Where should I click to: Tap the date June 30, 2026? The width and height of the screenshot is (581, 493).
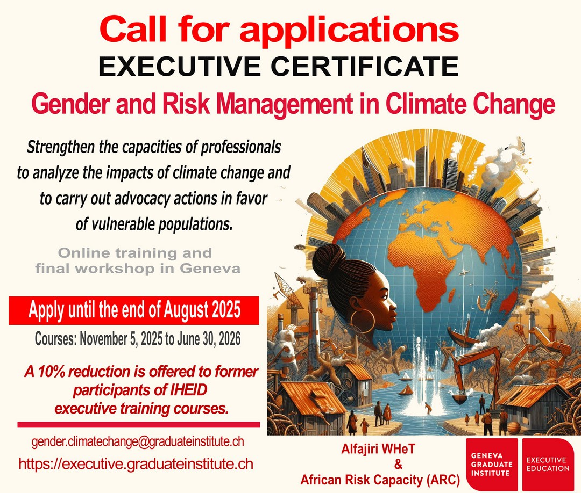pos(209,339)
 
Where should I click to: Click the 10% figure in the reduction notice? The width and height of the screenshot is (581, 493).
pos(51,372)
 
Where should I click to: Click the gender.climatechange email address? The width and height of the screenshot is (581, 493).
pos(138,441)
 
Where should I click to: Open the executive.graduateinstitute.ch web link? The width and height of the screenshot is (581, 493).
pos(136,464)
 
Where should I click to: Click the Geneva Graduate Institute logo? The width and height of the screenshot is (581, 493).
pos(492,465)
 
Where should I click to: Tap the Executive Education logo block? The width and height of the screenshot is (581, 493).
pos(548,465)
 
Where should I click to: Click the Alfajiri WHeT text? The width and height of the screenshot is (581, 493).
pos(378,449)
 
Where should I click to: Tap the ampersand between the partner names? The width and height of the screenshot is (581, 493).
pos(398,465)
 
